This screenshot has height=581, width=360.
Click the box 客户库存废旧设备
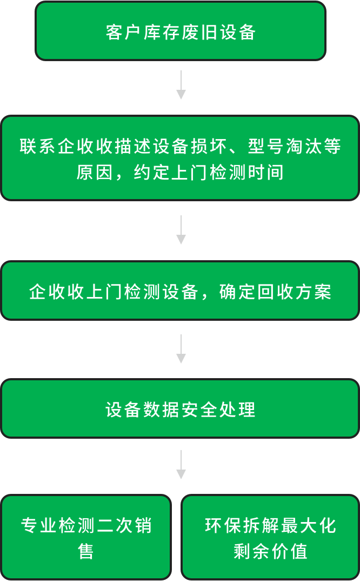point(181,31)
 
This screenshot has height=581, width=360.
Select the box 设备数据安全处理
point(180,408)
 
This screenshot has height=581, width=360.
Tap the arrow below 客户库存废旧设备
point(181,85)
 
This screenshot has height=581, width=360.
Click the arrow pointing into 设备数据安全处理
point(181,349)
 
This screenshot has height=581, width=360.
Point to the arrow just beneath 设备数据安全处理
point(181,464)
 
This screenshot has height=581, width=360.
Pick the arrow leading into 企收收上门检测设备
point(181,230)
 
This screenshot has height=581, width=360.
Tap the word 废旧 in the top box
point(199,32)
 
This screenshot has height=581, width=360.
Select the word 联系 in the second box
point(38,146)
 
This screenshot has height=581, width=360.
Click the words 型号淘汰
point(285,146)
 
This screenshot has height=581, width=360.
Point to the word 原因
point(95,173)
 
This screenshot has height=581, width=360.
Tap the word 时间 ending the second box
point(265,173)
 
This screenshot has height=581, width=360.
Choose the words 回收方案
point(294,292)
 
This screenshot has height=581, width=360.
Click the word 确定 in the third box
point(237,292)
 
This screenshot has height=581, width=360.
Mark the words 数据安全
point(181,410)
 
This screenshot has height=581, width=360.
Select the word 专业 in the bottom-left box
point(39,525)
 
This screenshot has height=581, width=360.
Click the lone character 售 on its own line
point(85,551)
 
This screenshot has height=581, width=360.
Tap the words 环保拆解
point(242,525)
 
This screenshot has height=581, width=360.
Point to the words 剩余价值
point(270,551)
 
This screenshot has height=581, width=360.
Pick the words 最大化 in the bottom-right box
point(309,525)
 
